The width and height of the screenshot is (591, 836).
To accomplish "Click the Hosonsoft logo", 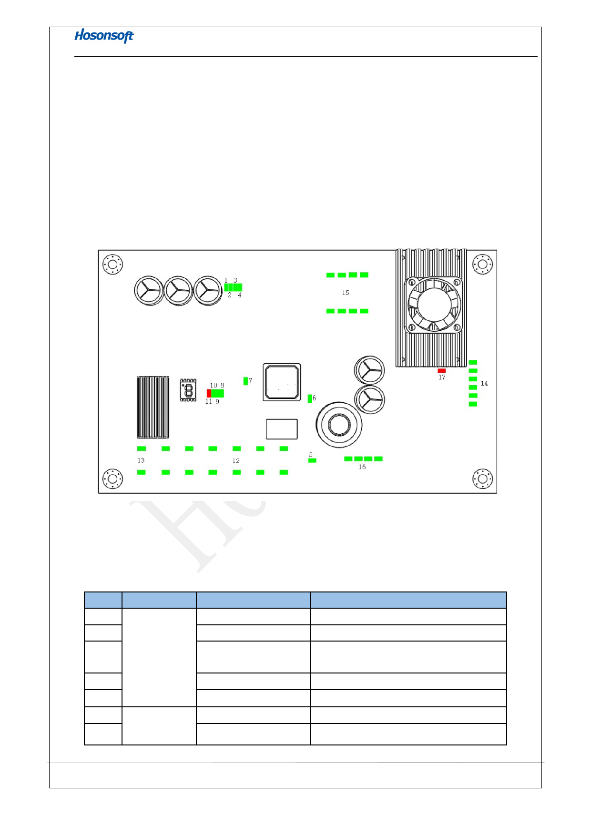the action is (x=104, y=36).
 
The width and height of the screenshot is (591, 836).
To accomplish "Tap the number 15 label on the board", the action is (x=346, y=293).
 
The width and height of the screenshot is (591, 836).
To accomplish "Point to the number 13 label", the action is (x=141, y=460).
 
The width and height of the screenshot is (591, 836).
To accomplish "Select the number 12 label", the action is (x=236, y=461).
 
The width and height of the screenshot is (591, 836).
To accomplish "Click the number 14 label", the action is (x=484, y=383).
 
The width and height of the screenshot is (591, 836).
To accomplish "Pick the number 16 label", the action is (x=362, y=467).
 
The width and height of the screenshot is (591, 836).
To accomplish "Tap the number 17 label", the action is (x=442, y=377).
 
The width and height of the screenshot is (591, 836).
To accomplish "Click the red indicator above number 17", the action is (x=442, y=370).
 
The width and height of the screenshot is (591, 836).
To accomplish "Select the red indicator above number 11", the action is (x=209, y=393).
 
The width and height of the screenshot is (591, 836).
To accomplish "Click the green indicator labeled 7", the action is (x=245, y=381).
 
